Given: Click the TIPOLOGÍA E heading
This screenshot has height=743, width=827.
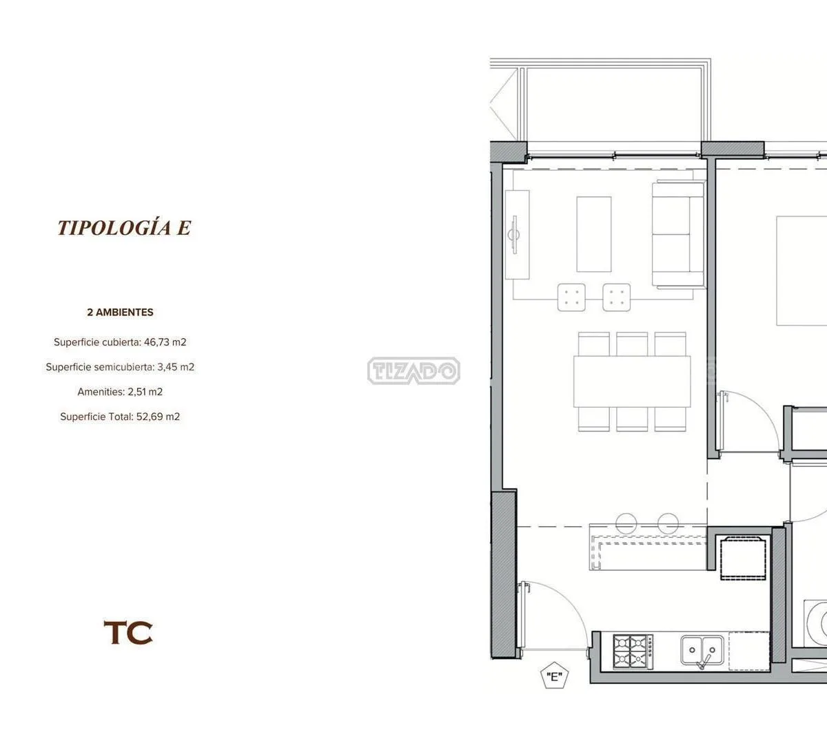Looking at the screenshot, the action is click(124, 227).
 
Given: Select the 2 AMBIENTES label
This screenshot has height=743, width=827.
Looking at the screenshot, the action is click(120, 313).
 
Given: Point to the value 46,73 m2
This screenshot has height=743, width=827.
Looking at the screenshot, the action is click(165, 342).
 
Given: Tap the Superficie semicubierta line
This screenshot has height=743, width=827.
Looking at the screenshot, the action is click(120, 367).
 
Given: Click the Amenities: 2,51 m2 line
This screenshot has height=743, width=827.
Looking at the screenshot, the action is click(120, 392).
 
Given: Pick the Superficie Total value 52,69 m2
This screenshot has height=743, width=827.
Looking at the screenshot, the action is click(158, 417).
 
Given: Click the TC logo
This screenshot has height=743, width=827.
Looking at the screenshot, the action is click(128, 633).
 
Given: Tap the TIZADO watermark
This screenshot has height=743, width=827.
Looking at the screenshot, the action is click(413, 370).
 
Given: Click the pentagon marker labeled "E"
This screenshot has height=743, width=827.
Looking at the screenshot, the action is click(555, 676).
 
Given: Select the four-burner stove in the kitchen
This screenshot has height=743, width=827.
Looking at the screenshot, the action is click(633, 652).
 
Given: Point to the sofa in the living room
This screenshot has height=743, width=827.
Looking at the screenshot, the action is click(678, 234).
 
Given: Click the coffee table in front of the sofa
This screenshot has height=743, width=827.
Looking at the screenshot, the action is click(593, 234).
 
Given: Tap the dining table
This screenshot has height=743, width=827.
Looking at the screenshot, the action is click(632, 381).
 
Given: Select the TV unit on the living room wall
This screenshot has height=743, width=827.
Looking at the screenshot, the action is click(518, 235).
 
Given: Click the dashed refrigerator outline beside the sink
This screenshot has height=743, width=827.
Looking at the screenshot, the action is click(749, 651).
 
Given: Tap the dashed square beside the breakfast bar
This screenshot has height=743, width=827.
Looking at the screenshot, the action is click(743, 558).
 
